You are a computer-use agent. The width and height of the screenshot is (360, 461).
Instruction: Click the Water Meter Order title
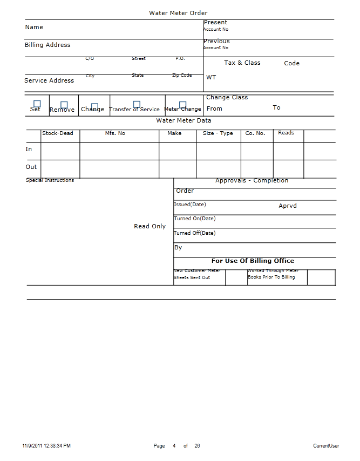(178, 13)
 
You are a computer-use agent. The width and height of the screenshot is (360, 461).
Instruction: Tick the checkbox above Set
(37, 104)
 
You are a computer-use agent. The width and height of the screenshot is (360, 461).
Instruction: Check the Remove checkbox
(64, 105)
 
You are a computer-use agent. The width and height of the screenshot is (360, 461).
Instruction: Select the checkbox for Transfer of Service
(137, 104)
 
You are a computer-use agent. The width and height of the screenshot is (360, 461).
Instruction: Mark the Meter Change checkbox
(183, 105)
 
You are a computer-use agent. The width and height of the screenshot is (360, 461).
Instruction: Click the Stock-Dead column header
(58, 133)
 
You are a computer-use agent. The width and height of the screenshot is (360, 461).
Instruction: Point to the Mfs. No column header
(115, 133)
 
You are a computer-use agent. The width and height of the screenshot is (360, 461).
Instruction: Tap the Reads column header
(286, 133)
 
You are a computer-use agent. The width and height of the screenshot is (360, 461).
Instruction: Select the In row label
(29, 149)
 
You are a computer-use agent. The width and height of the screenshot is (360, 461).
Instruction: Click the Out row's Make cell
(178, 169)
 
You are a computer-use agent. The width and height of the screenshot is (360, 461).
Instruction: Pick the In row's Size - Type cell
(218, 151)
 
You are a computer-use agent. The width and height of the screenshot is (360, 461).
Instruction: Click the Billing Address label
(47, 45)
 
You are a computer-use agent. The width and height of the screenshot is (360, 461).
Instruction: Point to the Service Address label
(49, 80)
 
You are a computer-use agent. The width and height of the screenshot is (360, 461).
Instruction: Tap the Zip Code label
(182, 76)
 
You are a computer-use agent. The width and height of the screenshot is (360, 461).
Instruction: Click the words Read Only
(150, 226)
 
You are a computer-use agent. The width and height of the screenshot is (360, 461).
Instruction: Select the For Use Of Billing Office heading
(253, 261)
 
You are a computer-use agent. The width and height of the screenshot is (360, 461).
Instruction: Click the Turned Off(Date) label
(194, 233)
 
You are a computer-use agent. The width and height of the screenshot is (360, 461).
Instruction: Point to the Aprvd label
(288, 206)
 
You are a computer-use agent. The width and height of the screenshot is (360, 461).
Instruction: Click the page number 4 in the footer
(174, 446)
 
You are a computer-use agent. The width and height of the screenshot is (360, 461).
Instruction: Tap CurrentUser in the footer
(326, 446)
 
